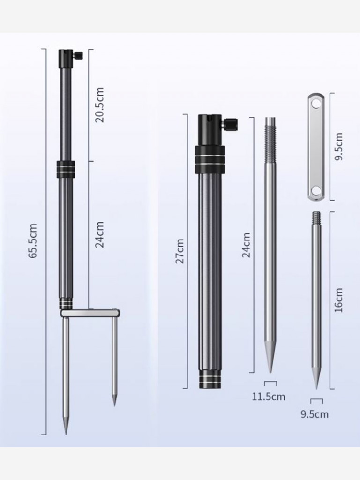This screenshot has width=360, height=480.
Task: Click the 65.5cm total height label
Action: click(33, 240)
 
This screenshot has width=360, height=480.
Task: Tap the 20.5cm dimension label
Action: click(99, 105)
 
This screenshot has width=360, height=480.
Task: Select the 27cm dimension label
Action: click(180, 251)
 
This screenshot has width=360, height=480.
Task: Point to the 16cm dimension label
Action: click(338, 300)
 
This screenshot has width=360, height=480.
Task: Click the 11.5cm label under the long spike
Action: click(269, 397)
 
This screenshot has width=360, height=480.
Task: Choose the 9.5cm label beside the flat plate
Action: click(338, 147)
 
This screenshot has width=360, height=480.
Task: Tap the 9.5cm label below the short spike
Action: click(315, 414)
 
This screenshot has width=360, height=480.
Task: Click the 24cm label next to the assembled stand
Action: click(99, 234)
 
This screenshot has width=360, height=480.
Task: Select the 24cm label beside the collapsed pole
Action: click(246, 245)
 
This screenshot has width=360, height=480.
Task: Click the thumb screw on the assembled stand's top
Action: click(79, 56)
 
